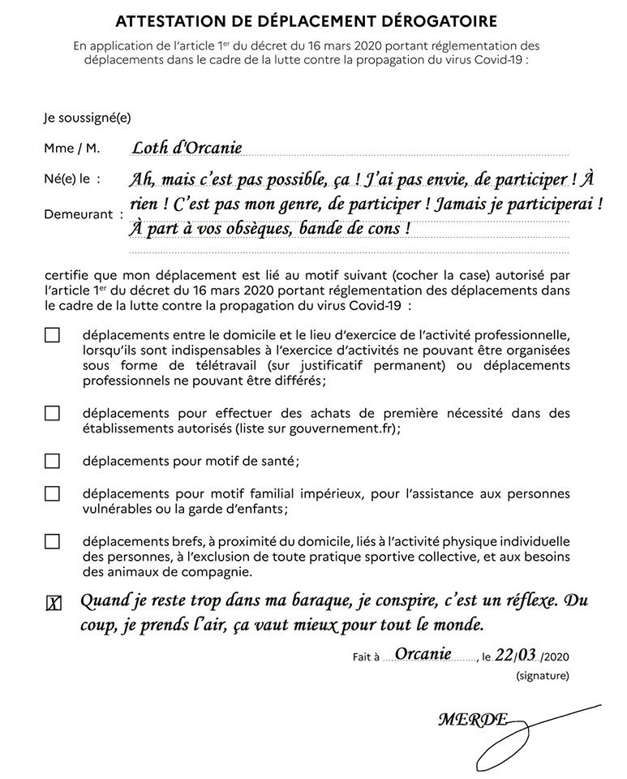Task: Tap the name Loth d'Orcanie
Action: point(187,147)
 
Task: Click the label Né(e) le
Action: point(72,178)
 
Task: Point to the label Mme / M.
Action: point(72,148)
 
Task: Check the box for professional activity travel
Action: point(52,335)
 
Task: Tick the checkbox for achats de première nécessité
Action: point(52,413)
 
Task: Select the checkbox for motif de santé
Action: point(52,461)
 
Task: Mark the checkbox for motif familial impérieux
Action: point(52,493)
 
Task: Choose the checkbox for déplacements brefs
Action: point(52,541)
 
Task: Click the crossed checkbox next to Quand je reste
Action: point(53,603)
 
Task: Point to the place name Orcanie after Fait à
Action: point(423,652)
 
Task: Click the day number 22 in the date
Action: point(504,654)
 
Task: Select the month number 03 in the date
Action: point(528,654)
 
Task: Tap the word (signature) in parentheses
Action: point(542,675)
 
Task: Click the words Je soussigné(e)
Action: point(87,118)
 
